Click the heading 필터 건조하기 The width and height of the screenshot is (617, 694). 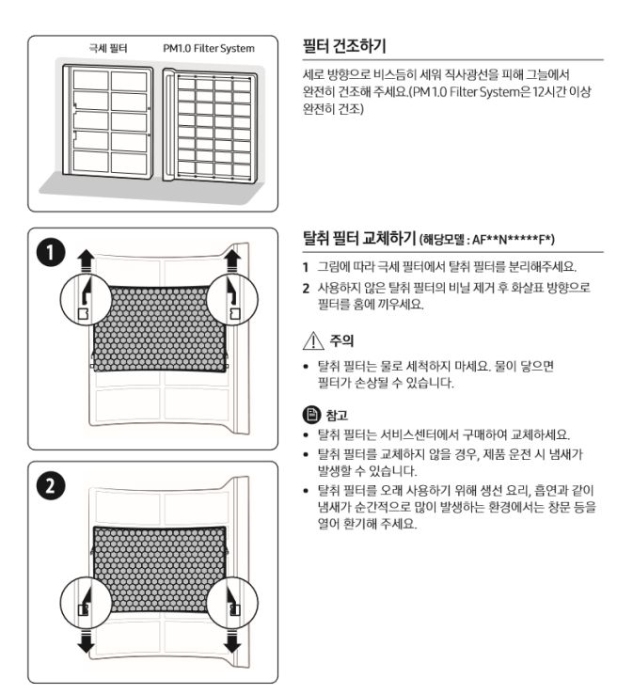[x=345, y=45]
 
